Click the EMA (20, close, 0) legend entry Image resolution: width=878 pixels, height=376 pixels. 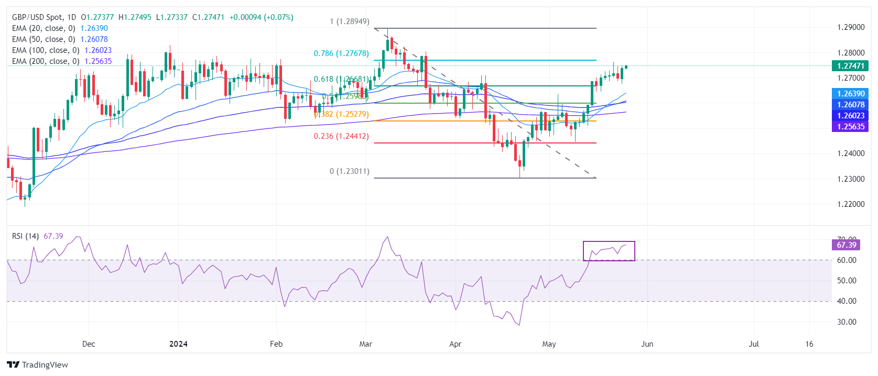click(x=44, y=28)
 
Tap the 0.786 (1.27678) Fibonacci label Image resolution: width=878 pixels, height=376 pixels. click(x=341, y=53)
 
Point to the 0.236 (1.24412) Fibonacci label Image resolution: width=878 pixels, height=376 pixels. click(x=341, y=136)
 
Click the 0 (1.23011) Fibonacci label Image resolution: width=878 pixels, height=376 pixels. click(x=349, y=171)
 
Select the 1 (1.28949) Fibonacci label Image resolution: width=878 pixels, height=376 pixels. click(x=349, y=21)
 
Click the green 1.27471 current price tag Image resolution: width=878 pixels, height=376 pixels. click(x=850, y=66)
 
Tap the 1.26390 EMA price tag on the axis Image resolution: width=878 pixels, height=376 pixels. click(x=850, y=94)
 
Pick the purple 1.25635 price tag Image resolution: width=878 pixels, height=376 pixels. click(x=850, y=127)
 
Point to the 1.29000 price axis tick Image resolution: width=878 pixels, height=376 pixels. click(x=851, y=27)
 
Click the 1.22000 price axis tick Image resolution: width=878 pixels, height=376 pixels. click(x=851, y=204)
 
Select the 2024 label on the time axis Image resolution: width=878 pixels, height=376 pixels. click(x=178, y=344)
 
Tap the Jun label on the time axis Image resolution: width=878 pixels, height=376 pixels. click(x=647, y=344)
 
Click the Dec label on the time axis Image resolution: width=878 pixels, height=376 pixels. click(x=89, y=344)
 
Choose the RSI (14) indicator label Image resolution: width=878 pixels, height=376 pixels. click(x=25, y=236)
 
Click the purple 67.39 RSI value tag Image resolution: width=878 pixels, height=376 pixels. click(x=846, y=245)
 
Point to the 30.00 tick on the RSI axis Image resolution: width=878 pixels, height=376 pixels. click(x=847, y=322)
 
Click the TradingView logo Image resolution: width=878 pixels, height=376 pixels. click(x=38, y=365)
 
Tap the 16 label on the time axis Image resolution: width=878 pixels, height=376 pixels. click(x=809, y=344)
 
